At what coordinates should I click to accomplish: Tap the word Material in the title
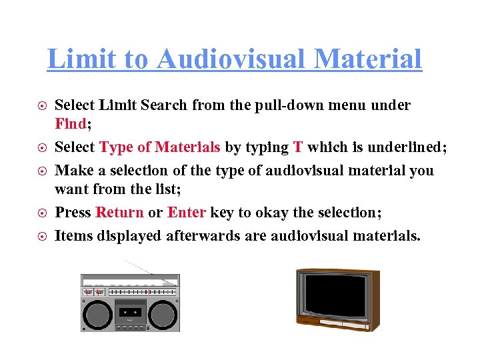(x=368, y=59)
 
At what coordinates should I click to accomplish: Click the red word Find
(x=71, y=125)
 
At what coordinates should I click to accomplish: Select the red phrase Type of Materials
(x=160, y=147)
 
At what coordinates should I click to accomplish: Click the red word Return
(x=120, y=213)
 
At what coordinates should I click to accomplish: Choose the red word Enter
(x=187, y=213)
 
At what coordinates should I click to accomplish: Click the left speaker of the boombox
(x=97, y=313)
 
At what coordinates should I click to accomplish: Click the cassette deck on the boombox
(x=131, y=312)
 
